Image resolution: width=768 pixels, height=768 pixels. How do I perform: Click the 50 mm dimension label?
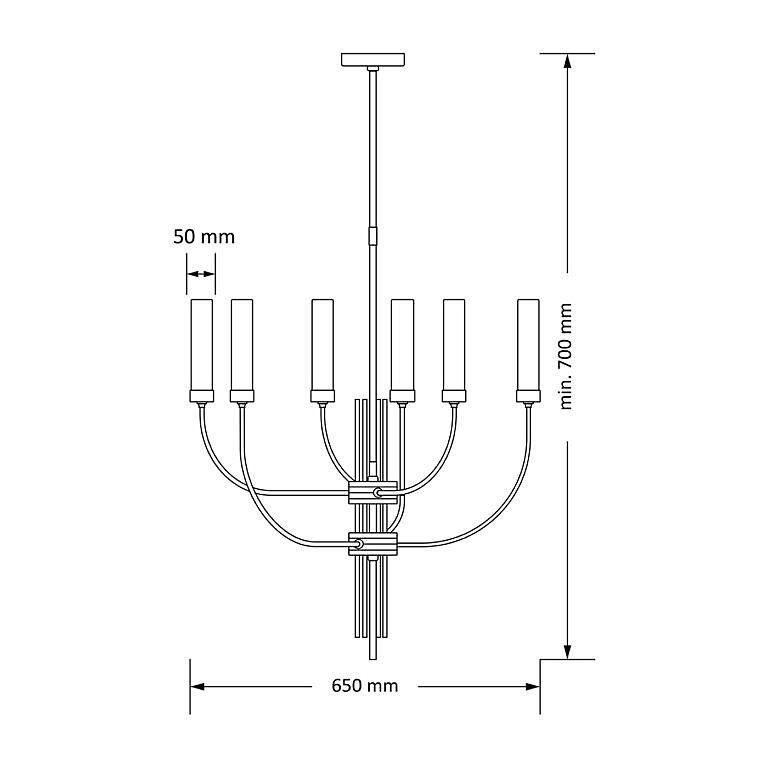point(204,237)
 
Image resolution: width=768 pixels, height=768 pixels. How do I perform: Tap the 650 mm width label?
point(365,686)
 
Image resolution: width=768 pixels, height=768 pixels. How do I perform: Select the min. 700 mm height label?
point(566,356)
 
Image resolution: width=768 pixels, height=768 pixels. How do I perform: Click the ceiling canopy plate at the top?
point(373,59)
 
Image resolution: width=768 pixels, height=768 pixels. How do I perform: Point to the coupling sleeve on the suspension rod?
point(373,236)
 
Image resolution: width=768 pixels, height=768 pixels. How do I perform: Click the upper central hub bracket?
point(373,492)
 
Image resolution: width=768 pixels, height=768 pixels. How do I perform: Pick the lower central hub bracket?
point(373,544)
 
